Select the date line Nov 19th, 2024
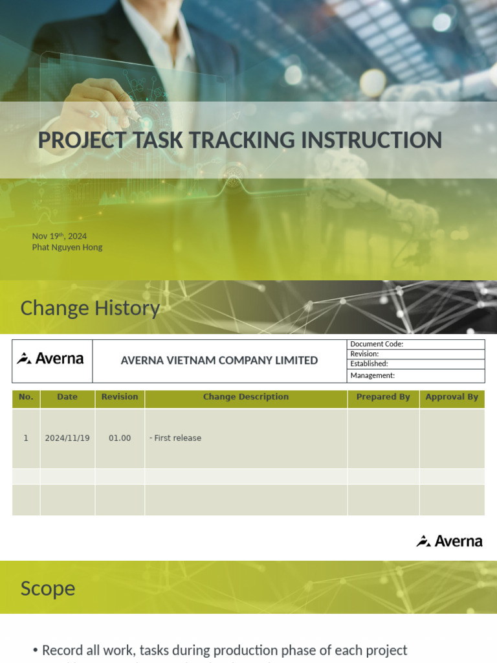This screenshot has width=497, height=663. pyautogui.click(x=60, y=236)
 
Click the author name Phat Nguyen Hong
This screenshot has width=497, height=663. pyautogui.click(x=67, y=247)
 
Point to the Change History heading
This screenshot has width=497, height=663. pyautogui.click(x=90, y=308)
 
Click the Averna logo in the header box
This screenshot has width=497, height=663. pyautogui.click(x=50, y=359)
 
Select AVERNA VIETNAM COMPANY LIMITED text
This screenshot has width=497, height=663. pyautogui.click(x=219, y=361)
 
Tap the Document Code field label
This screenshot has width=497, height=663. pyautogui.click(x=377, y=344)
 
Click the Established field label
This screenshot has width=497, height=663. pyautogui.click(x=369, y=364)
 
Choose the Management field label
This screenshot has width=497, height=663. pyautogui.click(x=372, y=376)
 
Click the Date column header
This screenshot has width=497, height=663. pyautogui.click(x=67, y=397)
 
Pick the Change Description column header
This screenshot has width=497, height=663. pyautogui.click(x=246, y=397)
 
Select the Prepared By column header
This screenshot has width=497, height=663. pyautogui.click(x=383, y=397)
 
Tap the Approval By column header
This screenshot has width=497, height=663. pyautogui.click(x=452, y=397)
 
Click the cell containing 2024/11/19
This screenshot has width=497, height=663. pyautogui.click(x=67, y=438)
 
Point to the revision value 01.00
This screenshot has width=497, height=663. pyautogui.click(x=120, y=438)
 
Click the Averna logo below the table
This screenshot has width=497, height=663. pyautogui.click(x=450, y=541)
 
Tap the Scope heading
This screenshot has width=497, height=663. pyautogui.click(x=48, y=589)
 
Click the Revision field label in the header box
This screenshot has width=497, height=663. pyautogui.click(x=364, y=354)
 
